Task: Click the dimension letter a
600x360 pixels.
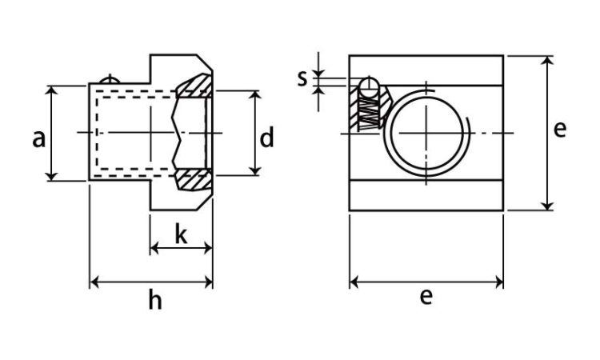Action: coord(38,139)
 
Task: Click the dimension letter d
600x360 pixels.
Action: coord(266,138)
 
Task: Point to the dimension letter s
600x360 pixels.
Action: coord(302,78)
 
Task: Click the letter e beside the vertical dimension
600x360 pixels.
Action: coord(560,129)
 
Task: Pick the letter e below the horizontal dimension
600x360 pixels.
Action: coord(426,296)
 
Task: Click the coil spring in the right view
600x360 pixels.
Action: coord(369,112)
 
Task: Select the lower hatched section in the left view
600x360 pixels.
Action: coord(194,180)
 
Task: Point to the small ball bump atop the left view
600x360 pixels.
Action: coord(110,79)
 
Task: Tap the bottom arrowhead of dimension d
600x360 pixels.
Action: coord(255,171)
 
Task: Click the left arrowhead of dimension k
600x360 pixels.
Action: coord(154,248)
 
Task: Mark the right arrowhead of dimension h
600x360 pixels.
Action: coord(208,282)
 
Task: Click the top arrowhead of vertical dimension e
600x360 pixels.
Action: coord(548,61)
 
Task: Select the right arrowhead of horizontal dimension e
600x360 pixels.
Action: coord(498,282)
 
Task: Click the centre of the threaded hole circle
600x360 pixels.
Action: coord(426,133)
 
